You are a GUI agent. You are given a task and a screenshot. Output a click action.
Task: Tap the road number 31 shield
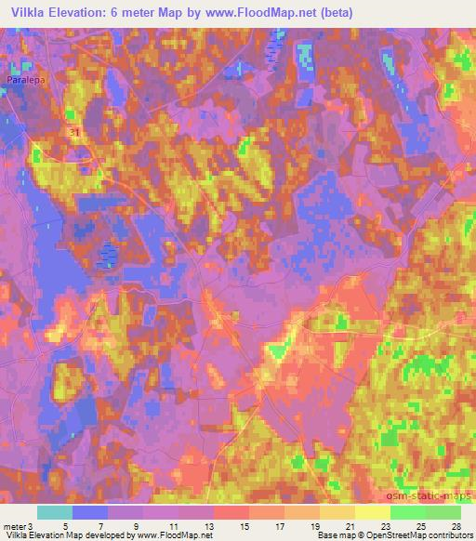click(x=73, y=135)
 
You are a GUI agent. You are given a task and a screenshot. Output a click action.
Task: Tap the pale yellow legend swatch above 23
click(x=372, y=512)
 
